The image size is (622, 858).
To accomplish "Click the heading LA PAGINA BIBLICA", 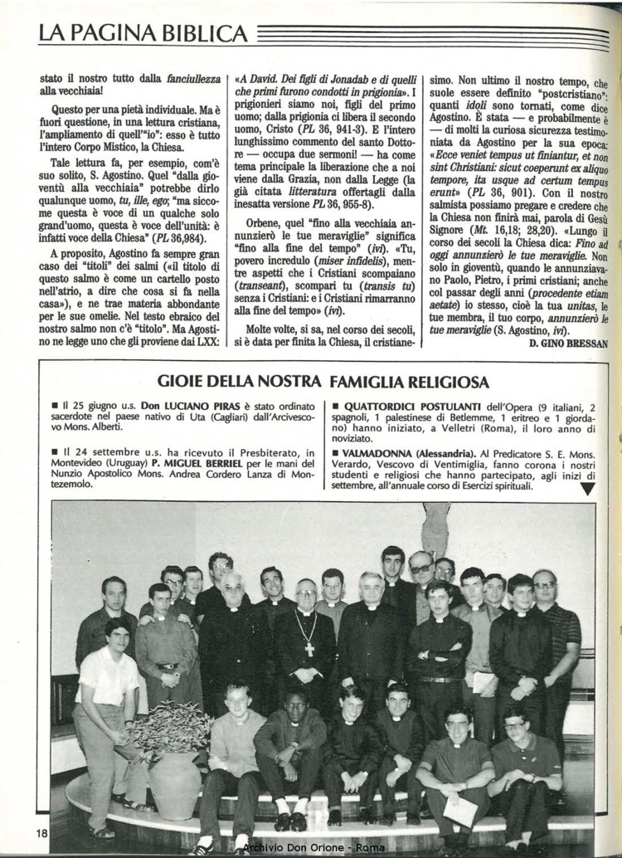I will [143, 34].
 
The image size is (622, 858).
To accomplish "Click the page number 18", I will [41, 832].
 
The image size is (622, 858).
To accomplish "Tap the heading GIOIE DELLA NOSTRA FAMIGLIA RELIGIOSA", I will [323, 382].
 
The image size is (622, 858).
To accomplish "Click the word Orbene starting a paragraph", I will [267, 222].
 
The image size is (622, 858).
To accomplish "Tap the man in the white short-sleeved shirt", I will [106, 680].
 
